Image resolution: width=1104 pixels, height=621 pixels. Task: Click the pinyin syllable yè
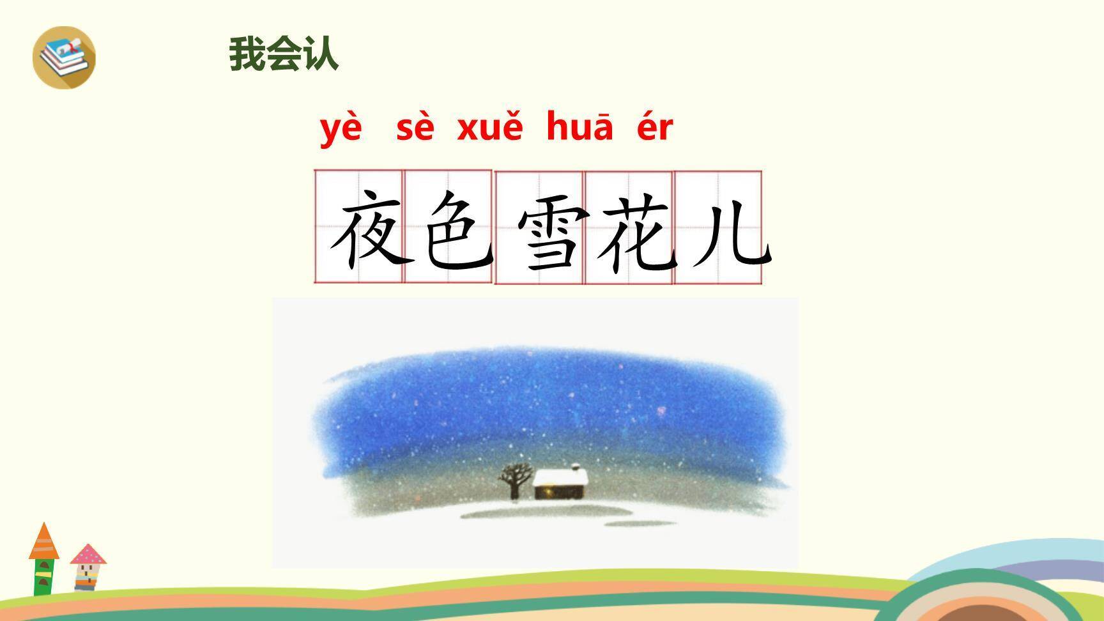point(341,129)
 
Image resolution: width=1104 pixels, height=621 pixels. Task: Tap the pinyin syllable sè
point(415,129)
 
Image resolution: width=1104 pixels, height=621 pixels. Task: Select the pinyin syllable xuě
point(489,129)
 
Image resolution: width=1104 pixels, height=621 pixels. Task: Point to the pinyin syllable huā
point(579,128)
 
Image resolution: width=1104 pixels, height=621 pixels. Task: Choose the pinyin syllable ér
point(655,128)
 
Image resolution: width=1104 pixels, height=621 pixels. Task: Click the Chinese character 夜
point(369,229)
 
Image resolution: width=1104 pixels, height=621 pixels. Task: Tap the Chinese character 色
point(457,229)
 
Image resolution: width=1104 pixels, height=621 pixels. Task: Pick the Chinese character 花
point(636,233)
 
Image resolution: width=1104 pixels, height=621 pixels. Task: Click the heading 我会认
point(284,54)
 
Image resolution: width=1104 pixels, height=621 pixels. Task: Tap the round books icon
point(64,57)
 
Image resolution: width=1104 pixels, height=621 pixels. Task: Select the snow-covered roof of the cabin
point(560,477)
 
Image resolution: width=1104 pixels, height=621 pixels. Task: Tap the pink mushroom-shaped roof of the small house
point(88,555)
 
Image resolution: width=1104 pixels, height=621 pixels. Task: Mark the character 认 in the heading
point(321,54)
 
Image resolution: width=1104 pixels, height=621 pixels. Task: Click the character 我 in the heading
point(247,54)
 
